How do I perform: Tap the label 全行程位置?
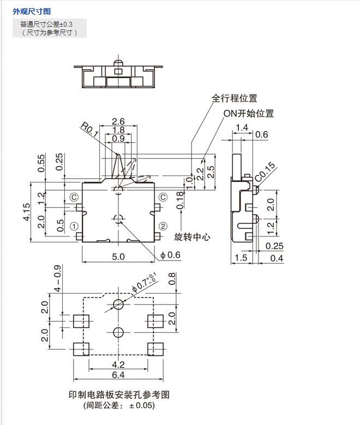pos(235,99)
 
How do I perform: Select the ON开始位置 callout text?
pos(249,114)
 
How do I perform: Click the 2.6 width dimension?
pos(118,121)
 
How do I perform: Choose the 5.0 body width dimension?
pos(118,256)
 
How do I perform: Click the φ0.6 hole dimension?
pos(170,255)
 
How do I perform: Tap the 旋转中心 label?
pos(192,237)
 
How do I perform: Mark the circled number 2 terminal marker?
pos(163,226)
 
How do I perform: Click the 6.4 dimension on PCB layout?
pos(118,375)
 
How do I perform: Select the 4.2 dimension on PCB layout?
pos(118,363)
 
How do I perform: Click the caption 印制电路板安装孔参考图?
pos(119,395)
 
